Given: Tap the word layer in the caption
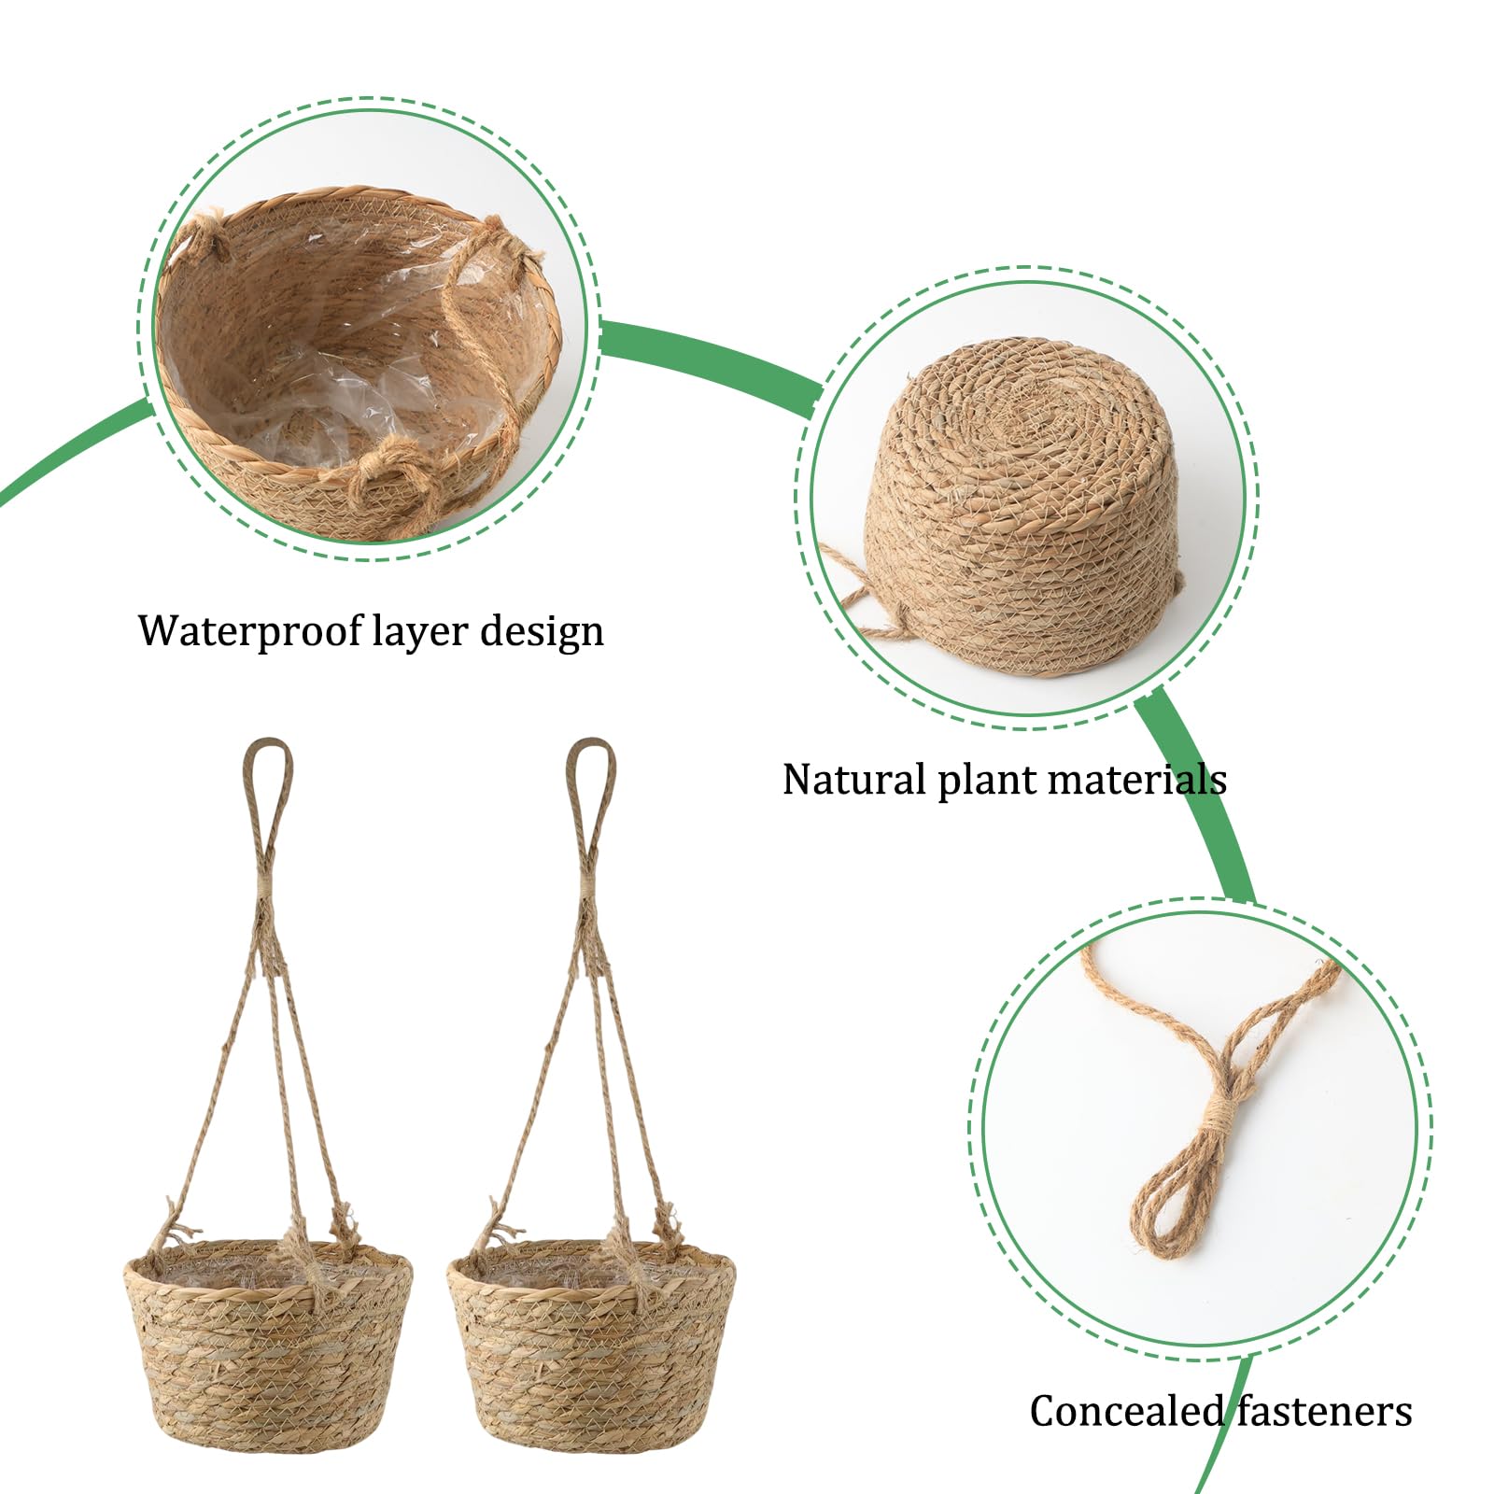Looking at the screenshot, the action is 420,631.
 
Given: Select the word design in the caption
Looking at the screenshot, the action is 542,631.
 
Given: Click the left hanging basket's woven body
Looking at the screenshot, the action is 268,1345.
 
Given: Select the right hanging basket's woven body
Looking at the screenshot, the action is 591,1345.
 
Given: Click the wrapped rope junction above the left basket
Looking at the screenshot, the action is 265,892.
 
